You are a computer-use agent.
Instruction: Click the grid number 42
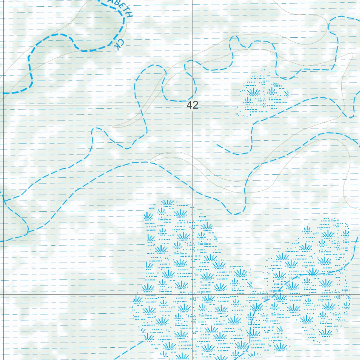(193, 105)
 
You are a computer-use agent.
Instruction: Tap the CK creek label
(120, 44)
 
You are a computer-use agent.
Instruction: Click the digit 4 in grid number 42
(190, 105)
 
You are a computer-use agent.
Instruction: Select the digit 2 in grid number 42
(195, 105)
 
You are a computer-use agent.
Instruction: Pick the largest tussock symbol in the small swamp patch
(254, 92)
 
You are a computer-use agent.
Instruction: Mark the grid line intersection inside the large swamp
(193, 294)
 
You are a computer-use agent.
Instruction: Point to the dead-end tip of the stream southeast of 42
(217, 144)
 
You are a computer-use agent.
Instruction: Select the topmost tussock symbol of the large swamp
(168, 203)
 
